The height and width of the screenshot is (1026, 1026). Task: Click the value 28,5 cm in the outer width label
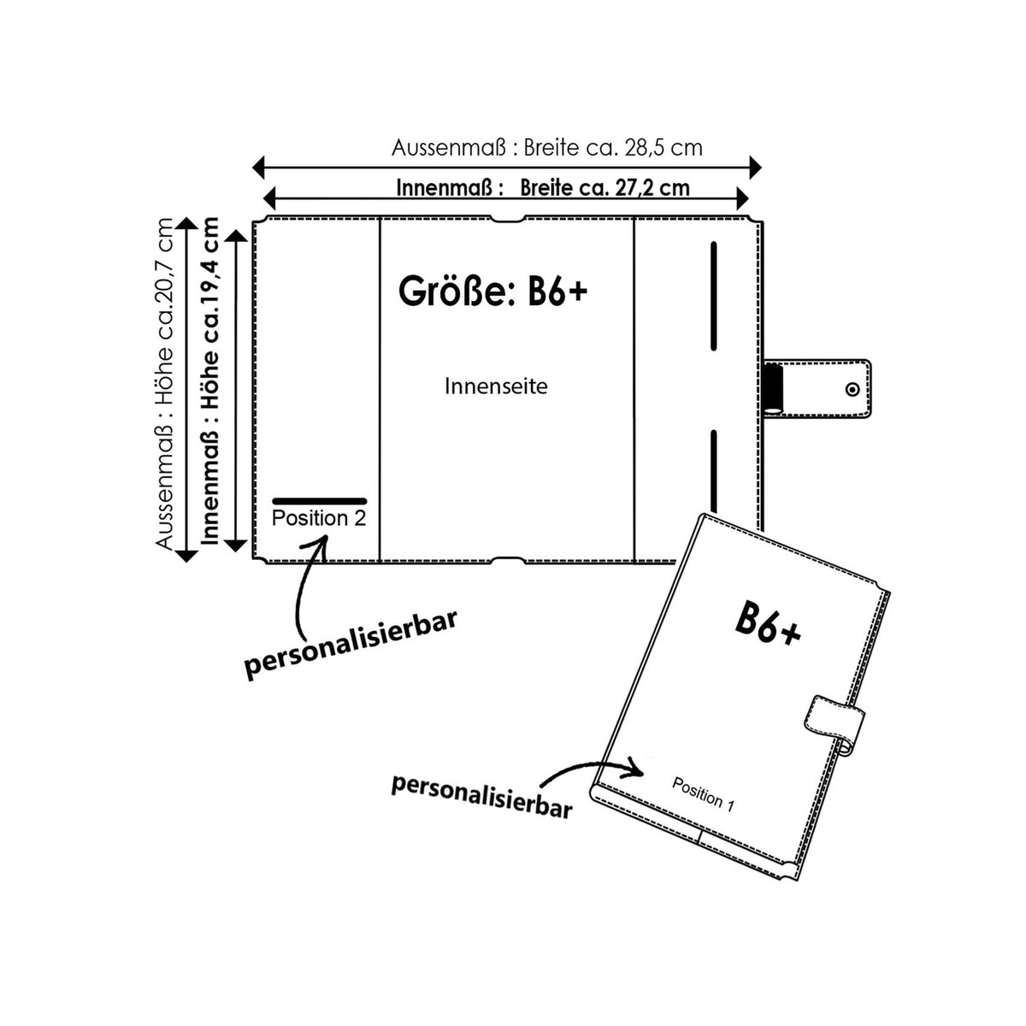663,147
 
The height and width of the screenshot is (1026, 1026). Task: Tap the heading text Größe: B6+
493,292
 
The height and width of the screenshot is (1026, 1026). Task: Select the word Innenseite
496,386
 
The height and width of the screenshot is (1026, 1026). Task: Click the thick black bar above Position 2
320,501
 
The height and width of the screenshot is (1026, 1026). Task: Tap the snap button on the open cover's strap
852,390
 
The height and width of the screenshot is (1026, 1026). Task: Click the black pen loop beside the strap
773,388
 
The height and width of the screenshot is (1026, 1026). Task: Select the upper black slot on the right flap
713,296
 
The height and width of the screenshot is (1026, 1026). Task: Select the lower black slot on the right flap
713,472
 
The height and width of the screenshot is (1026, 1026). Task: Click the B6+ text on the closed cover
768,625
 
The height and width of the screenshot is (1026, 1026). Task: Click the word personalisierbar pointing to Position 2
351,646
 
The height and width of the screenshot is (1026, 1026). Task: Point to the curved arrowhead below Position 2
316,545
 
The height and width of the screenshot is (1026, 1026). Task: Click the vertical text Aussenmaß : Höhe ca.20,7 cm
164,383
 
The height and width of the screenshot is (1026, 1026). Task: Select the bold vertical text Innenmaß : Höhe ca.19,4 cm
209,380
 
